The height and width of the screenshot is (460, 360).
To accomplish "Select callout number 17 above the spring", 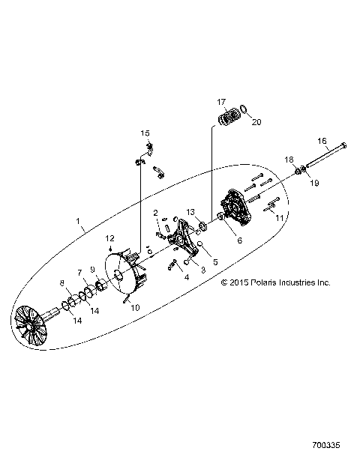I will click(x=221, y=101).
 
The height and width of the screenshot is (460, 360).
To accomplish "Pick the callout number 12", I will click(x=109, y=238).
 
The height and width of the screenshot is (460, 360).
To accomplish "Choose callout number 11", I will click(x=279, y=217).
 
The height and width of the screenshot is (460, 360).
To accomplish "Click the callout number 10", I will click(x=135, y=306).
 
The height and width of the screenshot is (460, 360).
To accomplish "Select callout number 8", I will click(x=62, y=282).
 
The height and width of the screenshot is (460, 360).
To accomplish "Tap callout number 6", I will click(x=219, y=240).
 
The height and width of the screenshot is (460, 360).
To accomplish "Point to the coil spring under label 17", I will click(x=230, y=118).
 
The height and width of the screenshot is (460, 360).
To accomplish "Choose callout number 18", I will click(x=288, y=160).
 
